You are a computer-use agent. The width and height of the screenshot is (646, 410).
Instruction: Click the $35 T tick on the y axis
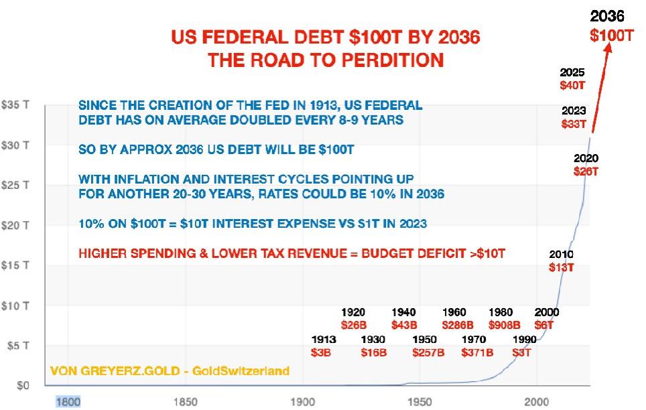[x=14, y=105]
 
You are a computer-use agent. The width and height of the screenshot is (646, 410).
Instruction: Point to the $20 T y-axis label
[x=14, y=226]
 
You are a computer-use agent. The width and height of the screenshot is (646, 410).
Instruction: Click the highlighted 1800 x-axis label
[x=68, y=401]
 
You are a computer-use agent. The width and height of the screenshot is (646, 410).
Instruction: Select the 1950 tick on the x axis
[x=419, y=401]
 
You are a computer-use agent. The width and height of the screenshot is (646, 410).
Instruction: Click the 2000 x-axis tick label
[x=537, y=401]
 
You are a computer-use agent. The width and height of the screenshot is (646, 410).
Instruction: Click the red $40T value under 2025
[x=572, y=85]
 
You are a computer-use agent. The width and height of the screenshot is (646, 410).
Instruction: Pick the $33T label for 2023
[x=574, y=124]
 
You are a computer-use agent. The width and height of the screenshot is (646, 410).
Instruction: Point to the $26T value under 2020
[x=586, y=171]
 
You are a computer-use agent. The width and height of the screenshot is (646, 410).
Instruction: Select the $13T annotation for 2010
[x=561, y=267]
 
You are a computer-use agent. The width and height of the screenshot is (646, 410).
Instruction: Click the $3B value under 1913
[x=321, y=352]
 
